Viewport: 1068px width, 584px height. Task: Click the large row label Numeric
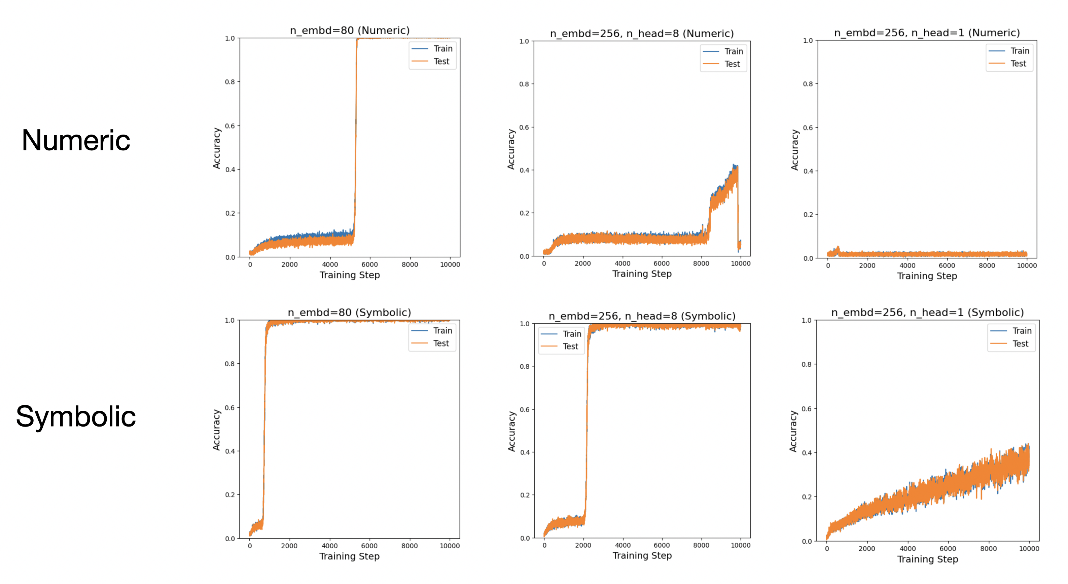point(76,141)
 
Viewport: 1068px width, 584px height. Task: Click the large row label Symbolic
point(76,416)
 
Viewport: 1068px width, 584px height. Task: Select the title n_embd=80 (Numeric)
point(350,30)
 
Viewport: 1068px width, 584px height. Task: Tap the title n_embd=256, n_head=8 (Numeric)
point(641,34)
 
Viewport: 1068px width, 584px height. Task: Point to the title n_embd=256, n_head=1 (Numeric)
point(927,33)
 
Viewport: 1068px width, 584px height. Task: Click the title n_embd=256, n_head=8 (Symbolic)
point(642,316)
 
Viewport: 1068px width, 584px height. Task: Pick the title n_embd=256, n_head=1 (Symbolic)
point(927,313)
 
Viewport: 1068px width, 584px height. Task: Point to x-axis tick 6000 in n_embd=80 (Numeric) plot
point(369,264)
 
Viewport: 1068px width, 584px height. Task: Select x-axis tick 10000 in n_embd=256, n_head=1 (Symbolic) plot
point(1029,549)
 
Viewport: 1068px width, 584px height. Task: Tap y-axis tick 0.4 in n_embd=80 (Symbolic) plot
point(230,451)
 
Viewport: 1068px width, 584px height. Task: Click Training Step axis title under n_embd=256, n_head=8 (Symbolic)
point(642,556)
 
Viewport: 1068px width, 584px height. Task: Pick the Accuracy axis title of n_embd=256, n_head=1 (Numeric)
point(794,150)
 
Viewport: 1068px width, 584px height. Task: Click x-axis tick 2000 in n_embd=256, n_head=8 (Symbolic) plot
point(582,545)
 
